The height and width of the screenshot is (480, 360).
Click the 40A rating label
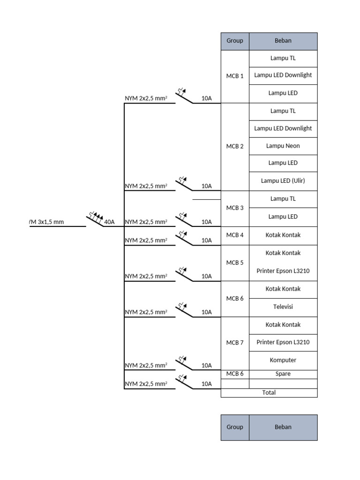click(109, 222)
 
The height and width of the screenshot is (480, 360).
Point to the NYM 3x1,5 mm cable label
click(46, 222)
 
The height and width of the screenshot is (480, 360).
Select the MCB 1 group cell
click(235, 76)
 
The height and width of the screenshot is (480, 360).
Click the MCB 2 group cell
click(235, 147)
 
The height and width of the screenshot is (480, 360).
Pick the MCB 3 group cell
click(235, 208)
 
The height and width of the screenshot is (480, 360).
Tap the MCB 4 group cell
click(235, 235)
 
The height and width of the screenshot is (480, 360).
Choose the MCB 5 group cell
click(235, 263)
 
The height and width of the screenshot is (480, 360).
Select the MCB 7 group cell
click(235, 343)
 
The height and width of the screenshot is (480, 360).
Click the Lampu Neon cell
click(283, 146)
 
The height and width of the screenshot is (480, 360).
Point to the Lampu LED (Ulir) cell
click(283, 181)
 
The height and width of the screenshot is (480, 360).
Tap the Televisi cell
click(283, 307)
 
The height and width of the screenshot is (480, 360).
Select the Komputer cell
click(283, 360)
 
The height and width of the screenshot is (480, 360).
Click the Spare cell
click(283, 374)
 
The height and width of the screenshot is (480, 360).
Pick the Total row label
click(269, 393)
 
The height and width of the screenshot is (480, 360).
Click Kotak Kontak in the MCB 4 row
click(283, 235)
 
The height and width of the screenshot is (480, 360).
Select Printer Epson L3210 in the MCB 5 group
click(283, 271)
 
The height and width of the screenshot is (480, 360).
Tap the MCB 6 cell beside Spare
click(235, 374)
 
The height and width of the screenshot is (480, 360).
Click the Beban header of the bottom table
click(283, 427)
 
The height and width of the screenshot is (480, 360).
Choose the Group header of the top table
click(235, 41)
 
